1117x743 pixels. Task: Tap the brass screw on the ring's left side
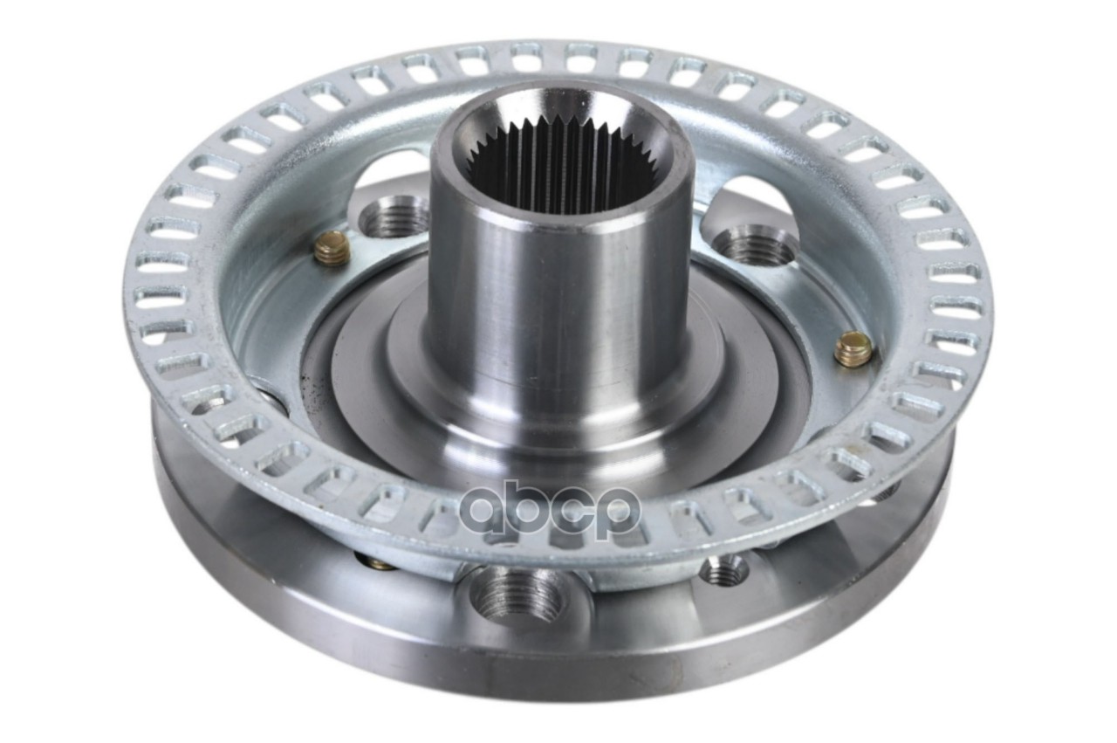pos(332,249)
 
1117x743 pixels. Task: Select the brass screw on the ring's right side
pos(853,348)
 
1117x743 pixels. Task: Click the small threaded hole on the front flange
pos(724,570)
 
